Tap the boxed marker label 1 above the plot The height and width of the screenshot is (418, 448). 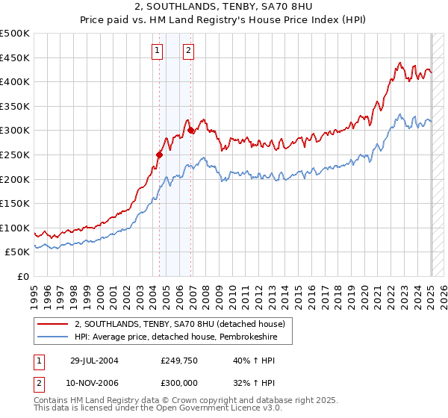click(158, 51)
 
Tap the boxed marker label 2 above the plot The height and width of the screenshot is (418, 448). click(188, 51)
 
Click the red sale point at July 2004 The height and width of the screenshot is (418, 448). click(159, 155)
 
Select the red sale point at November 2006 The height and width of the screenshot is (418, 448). click(191, 131)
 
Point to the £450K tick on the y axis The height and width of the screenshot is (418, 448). click(15, 57)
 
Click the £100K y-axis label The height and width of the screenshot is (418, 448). click(15, 228)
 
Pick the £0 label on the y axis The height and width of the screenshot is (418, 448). click(22, 276)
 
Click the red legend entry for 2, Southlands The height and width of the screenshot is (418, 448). click(179, 324)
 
